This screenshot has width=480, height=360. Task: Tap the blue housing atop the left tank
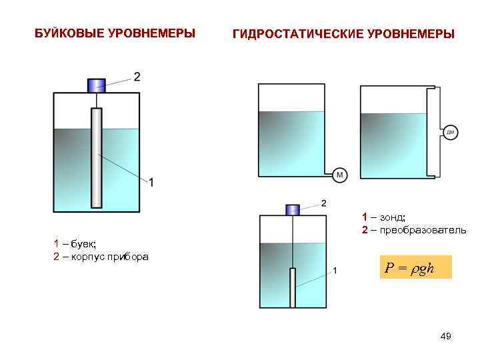(x=97, y=85)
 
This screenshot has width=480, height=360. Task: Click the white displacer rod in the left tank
(x=97, y=157)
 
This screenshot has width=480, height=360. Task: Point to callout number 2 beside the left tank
(x=137, y=77)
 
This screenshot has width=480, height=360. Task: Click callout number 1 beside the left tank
(x=151, y=182)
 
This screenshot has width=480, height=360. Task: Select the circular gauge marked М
(x=340, y=175)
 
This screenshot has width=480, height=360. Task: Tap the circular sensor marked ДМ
(x=451, y=133)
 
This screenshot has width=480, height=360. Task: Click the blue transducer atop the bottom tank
(x=292, y=210)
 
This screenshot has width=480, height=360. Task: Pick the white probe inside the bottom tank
(x=292, y=287)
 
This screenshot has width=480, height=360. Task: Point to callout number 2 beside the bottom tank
(x=324, y=202)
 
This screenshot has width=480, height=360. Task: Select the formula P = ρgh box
(x=415, y=267)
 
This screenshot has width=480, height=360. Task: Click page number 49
(x=446, y=337)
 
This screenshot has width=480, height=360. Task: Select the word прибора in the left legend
(x=129, y=257)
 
